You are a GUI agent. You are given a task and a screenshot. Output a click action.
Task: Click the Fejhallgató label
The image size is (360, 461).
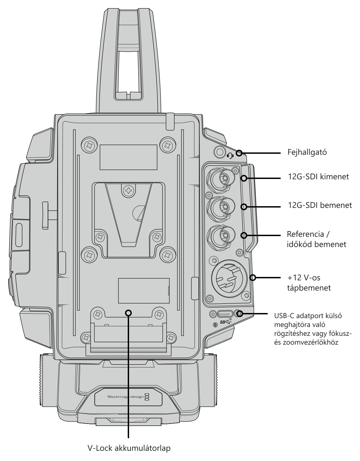click(x=307, y=152)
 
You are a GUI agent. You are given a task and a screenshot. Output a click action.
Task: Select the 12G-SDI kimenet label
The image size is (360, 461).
click(x=318, y=177)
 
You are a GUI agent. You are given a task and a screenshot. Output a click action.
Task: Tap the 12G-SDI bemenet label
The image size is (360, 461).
click(x=320, y=205)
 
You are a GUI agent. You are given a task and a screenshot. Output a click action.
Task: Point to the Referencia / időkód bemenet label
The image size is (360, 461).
click(x=316, y=239)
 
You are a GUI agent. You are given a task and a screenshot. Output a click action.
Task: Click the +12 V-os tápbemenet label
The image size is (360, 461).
click(x=309, y=283)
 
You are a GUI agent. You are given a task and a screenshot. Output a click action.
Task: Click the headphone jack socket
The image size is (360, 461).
click(x=220, y=152)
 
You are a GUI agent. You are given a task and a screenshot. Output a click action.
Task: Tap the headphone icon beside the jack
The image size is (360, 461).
click(x=230, y=156)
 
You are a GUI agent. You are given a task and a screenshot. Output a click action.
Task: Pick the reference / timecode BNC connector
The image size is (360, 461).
click(x=221, y=237)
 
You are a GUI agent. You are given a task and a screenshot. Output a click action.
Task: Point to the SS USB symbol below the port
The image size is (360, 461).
click(x=226, y=322)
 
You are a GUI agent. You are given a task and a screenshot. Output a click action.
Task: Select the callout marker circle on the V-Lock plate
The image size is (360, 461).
click(x=128, y=313)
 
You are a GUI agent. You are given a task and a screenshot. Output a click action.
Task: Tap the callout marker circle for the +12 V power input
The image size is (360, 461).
click(x=253, y=278)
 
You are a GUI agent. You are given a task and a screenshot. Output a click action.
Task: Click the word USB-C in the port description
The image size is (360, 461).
click(x=284, y=316)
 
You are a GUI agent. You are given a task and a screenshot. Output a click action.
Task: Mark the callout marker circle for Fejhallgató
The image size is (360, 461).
click(x=239, y=153)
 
